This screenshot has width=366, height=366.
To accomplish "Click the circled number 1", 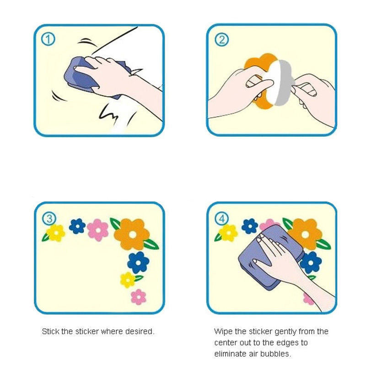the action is click(x=48, y=39).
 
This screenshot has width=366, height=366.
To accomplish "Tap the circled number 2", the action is click(x=221, y=39).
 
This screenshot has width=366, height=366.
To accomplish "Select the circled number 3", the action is click(x=49, y=219).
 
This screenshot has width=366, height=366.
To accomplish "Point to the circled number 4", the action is click(x=222, y=219).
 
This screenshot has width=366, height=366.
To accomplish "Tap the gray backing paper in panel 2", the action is click(x=284, y=82).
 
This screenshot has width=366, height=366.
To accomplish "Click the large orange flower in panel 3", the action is click(x=132, y=234).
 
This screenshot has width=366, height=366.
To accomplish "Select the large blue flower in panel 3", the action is click(x=138, y=262).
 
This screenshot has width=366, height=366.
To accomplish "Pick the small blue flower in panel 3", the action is click(x=77, y=226).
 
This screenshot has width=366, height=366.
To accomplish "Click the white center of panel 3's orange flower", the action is click(x=133, y=235).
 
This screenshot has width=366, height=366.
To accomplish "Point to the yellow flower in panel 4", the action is click(x=228, y=233).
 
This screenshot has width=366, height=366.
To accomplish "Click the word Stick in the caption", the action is click(x=50, y=331).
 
